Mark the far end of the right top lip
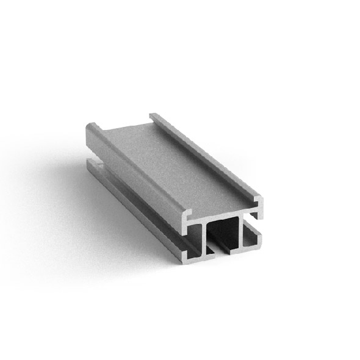point(153,115)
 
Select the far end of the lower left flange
point(92,163)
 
